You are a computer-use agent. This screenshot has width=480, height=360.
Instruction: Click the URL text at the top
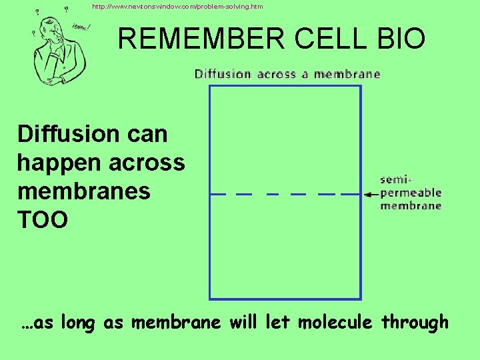click(177, 7)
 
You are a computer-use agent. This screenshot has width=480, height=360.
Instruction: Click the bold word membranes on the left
click(83, 191)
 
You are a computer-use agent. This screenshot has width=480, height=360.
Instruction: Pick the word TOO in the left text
click(42, 219)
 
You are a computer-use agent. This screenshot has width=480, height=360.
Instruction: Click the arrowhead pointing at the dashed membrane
click(368, 195)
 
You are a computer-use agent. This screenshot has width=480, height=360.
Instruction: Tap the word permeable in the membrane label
click(411, 193)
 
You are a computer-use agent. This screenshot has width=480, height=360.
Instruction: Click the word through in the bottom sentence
click(415, 323)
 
